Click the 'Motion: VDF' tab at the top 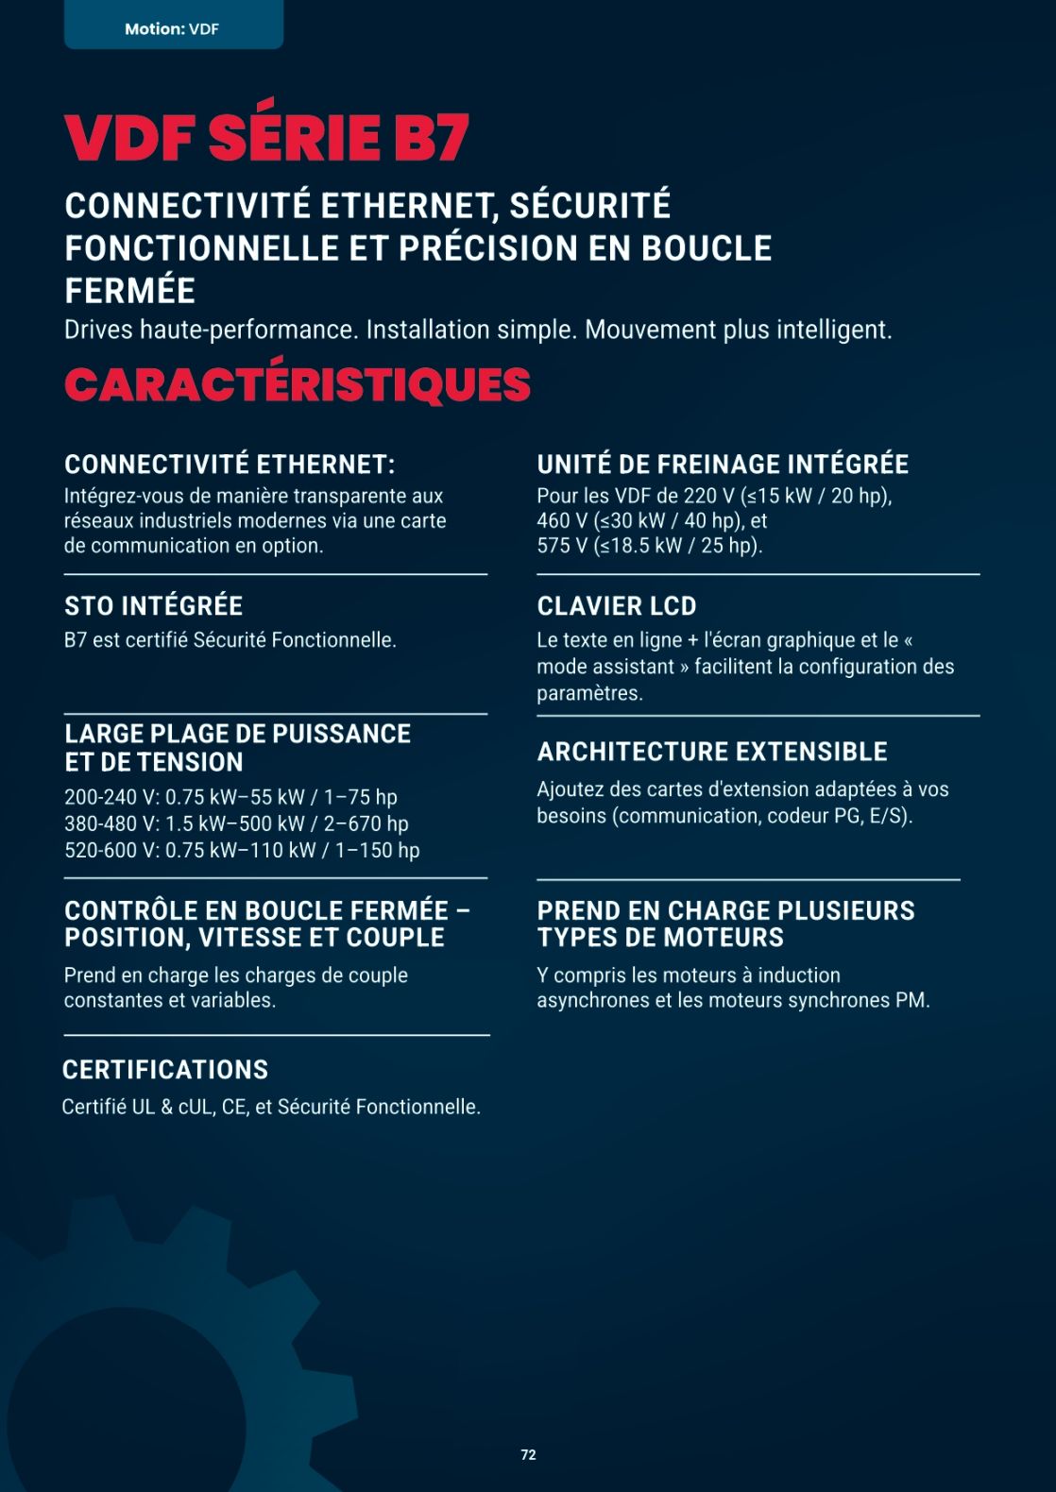[x=172, y=29]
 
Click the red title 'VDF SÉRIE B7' [x=266, y=138]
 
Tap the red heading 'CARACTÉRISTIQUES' [x=298, y=385]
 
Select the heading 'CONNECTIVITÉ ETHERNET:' [x=230, y=465]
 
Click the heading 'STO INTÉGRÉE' [x=153, y=606]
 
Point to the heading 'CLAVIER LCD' [x=616, y=606]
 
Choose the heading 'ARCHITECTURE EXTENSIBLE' [x=712, y=752]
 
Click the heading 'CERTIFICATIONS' [x=165, y=1070]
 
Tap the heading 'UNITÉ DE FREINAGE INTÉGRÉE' [x=723, y=465]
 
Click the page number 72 [x=528, y=1455]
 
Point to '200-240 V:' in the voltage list [x=111, y=797]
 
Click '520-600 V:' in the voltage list [x=111, y=850]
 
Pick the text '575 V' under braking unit [x=561, y=546]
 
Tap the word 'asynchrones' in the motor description [x=593, y=1000]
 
